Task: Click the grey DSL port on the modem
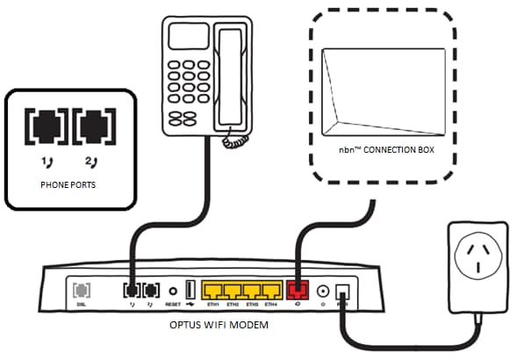tap(81, 288)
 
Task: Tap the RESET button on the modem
tap(174, 289)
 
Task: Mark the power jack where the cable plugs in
tap(345, 291)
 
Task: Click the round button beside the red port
tap(324, 290)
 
